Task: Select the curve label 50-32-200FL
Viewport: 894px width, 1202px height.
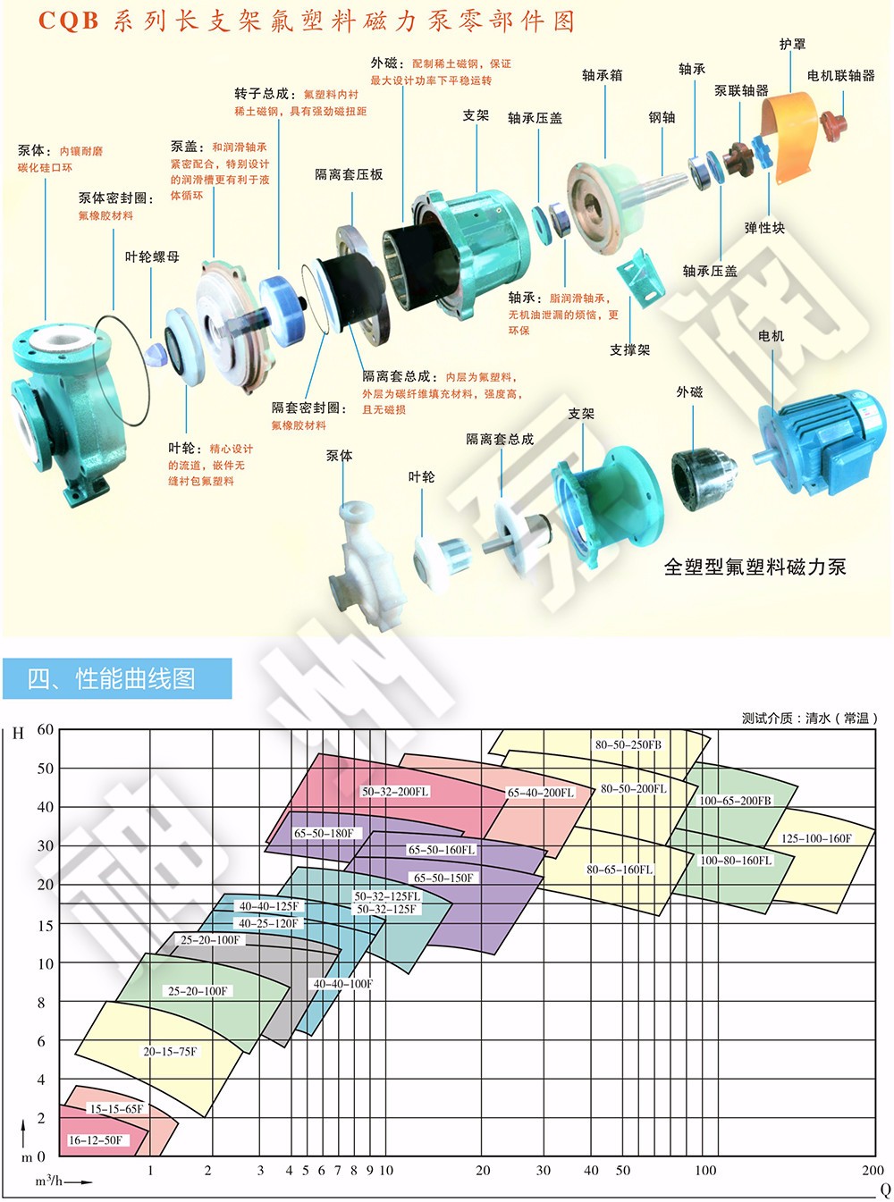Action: (394, 792)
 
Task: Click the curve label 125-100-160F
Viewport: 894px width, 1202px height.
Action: (816, 838)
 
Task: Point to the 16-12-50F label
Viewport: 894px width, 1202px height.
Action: (95, 1140)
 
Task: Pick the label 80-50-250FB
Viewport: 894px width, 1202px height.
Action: (628, 744)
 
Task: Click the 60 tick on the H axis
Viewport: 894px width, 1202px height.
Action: (46, 729)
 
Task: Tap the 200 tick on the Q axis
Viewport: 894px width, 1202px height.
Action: (873, 1170)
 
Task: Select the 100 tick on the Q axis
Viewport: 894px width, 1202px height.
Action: (705, 1170)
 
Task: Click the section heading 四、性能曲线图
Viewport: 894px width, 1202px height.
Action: (112, 678)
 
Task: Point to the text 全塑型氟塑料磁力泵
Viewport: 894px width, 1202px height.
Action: (755, 567)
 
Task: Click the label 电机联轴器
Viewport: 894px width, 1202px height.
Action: (840, 76)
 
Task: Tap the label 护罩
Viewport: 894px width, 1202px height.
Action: (792, 44)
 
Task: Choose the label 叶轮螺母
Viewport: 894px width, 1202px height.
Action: (152, 256)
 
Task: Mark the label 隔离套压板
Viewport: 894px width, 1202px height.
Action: (349, 174)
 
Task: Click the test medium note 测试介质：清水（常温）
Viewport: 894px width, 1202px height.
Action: (810, 718)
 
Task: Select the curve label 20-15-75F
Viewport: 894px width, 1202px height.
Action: (170, 1051)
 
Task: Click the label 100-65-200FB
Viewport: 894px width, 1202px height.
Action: (735, 801)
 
